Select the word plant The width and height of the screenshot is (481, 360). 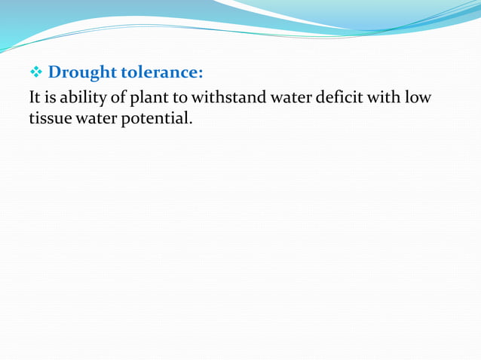pos(147,99)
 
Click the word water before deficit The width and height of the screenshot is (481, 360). pos(290,98)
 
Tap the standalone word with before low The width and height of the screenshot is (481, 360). pos(388,98)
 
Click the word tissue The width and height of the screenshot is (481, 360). pos(49,118)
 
